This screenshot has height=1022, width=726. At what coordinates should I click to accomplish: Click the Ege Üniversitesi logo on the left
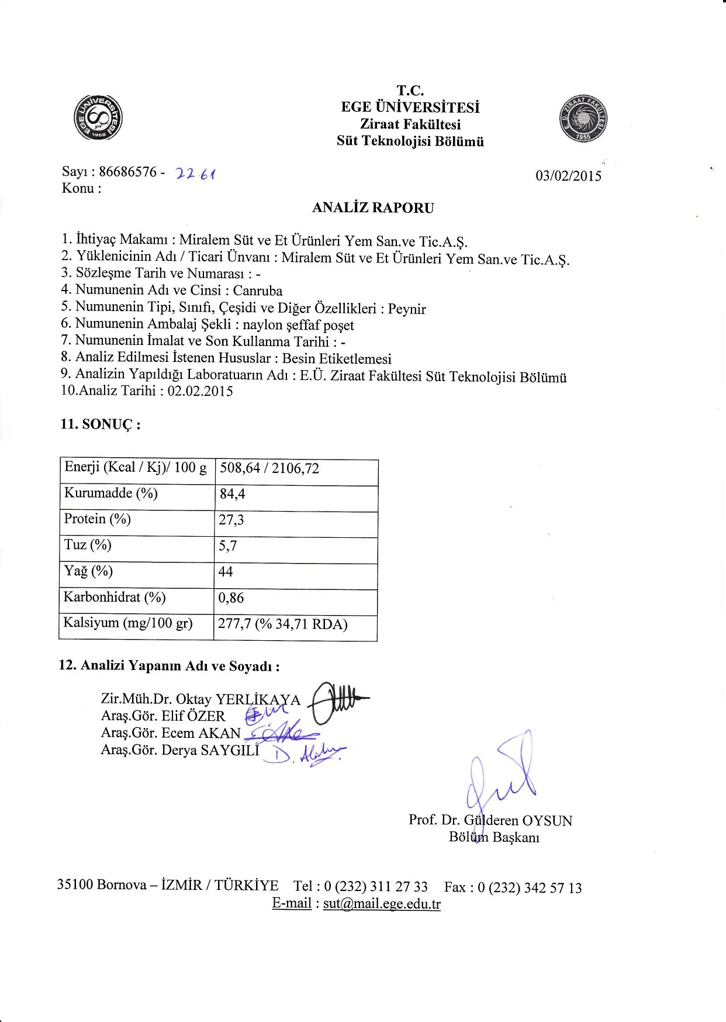pos(98,118)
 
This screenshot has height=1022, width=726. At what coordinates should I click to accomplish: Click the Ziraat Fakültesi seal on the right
pos(583,119)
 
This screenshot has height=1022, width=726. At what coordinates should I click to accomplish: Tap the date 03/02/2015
pos(568,176)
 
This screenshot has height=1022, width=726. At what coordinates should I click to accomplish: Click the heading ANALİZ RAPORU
pos(373,208)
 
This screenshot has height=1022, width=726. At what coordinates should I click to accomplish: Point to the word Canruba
pos(258,291)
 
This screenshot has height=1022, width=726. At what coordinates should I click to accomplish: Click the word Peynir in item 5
pos(407,309)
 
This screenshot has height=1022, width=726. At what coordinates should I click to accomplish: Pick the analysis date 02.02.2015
pos(200,391)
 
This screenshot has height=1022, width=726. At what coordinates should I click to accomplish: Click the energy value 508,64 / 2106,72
pos(269,468)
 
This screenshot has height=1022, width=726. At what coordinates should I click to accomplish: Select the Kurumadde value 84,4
pos(232,494)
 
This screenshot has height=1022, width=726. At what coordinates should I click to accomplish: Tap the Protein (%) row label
pos(98,519)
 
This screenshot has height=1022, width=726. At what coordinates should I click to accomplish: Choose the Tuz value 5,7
pos(227,546)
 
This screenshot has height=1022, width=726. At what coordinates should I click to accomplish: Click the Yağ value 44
pos(225,572)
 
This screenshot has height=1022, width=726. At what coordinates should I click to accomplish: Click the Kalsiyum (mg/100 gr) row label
pos(128,623)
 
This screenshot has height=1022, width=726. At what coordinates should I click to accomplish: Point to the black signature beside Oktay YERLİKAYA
pos(336,702)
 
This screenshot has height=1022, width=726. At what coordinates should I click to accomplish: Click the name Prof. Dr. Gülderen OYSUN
pos(490,820)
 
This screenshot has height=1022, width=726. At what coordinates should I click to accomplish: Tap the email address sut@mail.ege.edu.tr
pos(382,904)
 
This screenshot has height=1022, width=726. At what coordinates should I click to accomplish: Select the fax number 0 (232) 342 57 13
pos(530,888)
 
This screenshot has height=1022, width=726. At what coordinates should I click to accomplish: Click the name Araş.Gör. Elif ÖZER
pos(163,716)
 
